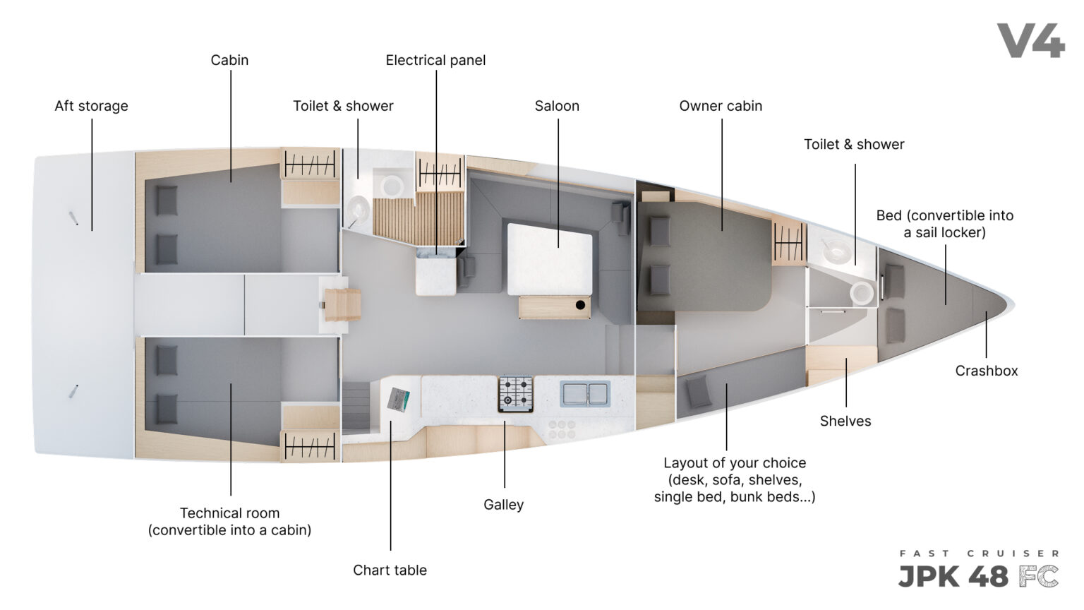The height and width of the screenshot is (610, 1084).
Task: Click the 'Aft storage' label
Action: (x=91, y=106)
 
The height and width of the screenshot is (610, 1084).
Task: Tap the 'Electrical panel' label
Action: (x=435, y=61)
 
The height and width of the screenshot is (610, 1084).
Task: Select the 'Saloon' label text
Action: (x=557, y=106)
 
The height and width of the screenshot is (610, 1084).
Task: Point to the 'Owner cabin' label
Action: (x=721, y=106)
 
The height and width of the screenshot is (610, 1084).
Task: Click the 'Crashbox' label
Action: (x=986, y=371)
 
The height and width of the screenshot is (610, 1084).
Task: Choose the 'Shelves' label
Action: (x=845, y=421)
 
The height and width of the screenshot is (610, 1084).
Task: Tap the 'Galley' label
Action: (x=503, y=505)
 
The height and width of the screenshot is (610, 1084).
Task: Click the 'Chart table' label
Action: (x=390, y=570)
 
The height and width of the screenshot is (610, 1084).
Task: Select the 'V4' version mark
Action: (x=1031, y=41)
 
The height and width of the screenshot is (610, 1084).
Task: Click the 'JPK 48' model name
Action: (x=953, y=577)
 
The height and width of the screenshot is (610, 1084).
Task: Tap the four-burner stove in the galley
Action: (x=516, y=393)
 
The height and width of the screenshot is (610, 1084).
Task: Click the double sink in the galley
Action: (x=584, y=393)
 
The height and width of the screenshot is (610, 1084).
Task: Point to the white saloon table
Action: (x=550, y=260)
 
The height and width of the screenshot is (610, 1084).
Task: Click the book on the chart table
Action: (x=399, y=400)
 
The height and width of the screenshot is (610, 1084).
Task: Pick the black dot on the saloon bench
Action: (x=580, y=305)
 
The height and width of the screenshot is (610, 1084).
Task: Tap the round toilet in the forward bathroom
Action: (x=862, y=294)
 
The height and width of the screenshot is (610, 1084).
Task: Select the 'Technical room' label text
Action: (x=230, y=513)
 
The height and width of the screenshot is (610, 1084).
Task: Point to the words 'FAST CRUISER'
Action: (x=980, y=554)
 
